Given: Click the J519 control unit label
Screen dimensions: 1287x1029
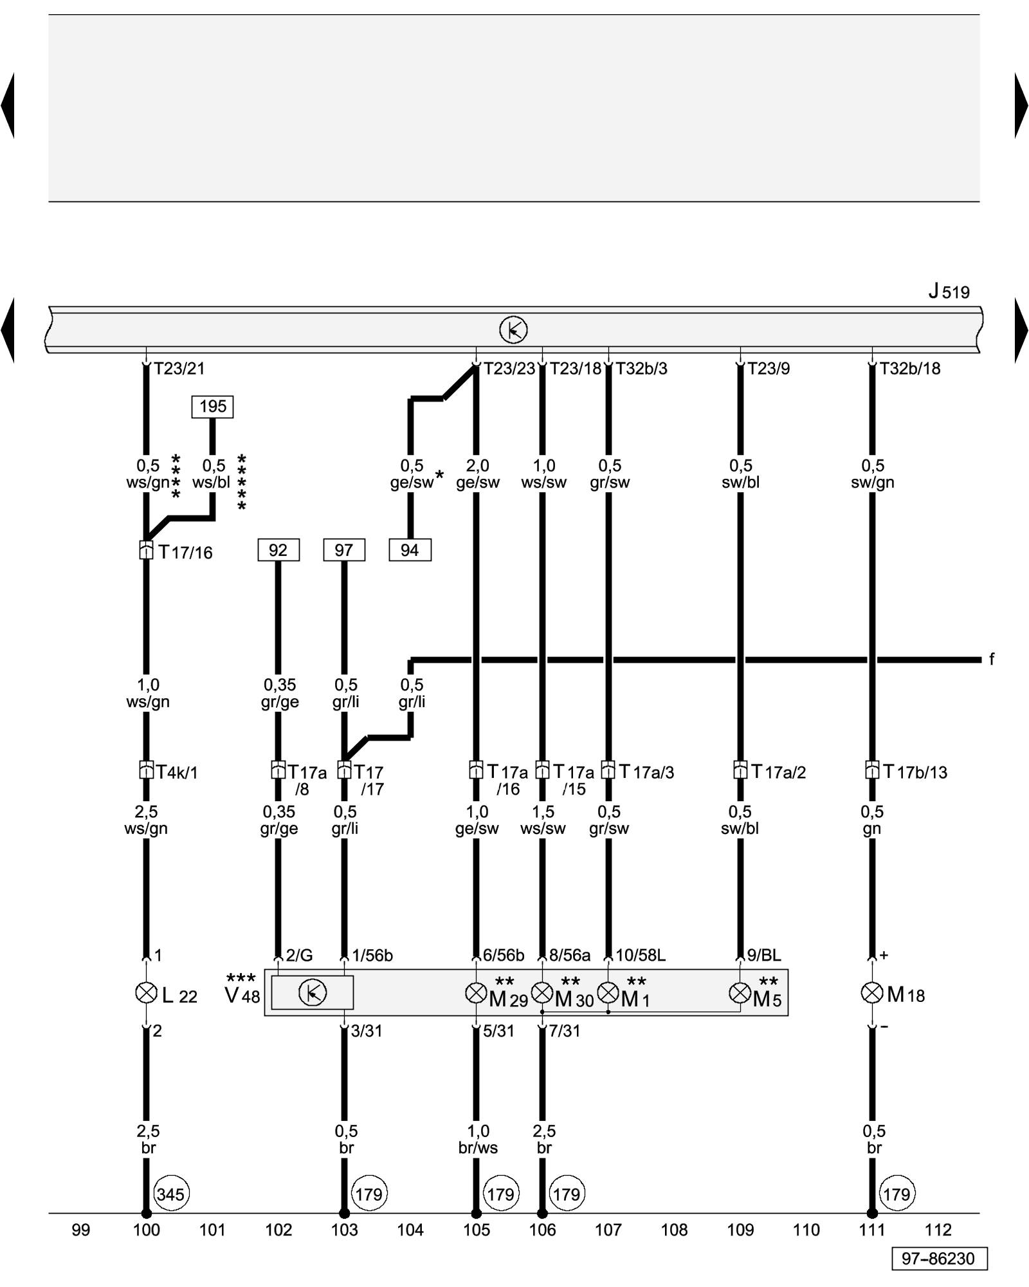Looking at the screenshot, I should click(949, 292).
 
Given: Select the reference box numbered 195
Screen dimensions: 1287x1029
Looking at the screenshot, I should click(212, 407).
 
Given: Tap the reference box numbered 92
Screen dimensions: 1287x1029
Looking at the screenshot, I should click(278, 550).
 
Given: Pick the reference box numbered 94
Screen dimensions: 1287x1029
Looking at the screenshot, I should click(410, 550).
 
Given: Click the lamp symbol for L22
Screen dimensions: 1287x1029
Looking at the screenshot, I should click(147, 993).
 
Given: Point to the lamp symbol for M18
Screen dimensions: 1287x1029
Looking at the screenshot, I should click(871, 993).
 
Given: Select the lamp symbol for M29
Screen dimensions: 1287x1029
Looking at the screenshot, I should click(476, 993).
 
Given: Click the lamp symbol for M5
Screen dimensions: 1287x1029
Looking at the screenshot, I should click(740, 993).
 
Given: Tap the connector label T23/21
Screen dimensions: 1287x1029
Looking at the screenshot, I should click(179, 369).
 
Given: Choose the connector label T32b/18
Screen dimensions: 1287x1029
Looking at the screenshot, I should click(909, 369).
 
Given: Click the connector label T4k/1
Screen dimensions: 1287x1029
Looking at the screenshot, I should click(177, 772).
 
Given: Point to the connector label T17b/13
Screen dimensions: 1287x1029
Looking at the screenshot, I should click(915, 772).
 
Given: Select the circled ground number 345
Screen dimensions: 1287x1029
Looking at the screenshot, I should click(170, 1195).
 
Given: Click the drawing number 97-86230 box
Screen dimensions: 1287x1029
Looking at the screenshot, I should click(938, 1259).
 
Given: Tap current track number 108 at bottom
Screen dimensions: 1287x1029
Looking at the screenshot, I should click(674, 1230).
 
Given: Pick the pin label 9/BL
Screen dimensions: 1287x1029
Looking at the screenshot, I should click(764, 956).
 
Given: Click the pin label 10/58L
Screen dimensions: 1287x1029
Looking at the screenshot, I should click(641, 956).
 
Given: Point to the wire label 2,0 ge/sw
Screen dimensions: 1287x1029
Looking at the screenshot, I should click(478, 474).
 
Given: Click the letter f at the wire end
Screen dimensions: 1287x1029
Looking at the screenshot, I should click(992, 659).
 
